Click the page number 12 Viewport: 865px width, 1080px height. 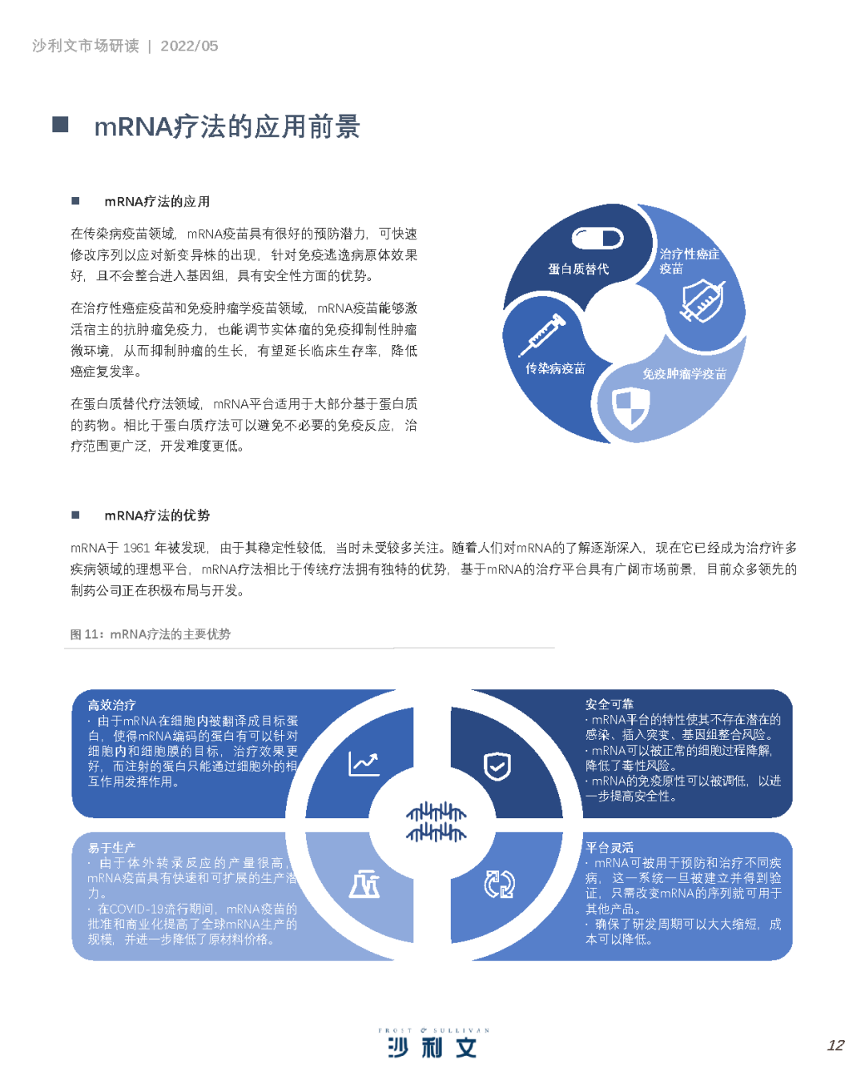point(835,1046)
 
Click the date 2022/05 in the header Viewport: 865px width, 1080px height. point(189,46)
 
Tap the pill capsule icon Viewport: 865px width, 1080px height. point(597,238)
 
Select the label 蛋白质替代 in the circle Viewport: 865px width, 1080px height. point(578,269)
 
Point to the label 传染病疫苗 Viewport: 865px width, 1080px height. point(555,368)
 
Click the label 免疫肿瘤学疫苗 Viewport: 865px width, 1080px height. point(684,374)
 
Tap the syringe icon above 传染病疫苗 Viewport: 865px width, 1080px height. point(542,335)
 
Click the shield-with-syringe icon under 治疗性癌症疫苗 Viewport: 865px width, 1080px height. point(702,300)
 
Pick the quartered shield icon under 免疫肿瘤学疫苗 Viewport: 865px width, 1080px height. point(630,409)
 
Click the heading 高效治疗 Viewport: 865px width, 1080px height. point(111,705)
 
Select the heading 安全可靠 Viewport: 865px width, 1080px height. point(610,704)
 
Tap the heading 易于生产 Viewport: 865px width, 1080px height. point(111,848)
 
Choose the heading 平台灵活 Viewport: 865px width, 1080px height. point(610,847)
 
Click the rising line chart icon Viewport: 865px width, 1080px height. point(364,764)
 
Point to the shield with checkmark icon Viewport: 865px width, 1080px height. point(497,766)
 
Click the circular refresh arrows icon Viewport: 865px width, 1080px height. point(499,884)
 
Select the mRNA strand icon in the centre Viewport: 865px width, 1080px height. point(436,821)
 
